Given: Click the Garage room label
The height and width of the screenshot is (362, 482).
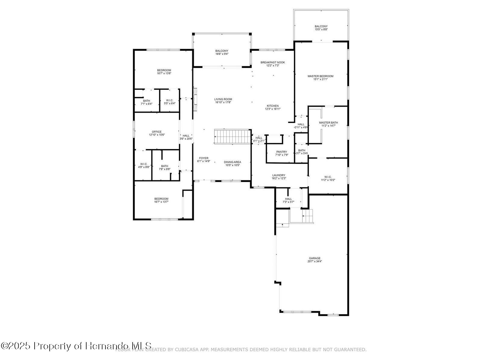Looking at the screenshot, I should pos(315,258).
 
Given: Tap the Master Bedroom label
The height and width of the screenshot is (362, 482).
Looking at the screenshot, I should pos(320,76).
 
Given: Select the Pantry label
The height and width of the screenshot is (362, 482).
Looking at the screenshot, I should pos(281,152).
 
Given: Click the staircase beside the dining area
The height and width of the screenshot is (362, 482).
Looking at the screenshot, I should pos(233,137).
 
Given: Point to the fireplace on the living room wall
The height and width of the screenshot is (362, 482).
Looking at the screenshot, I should pos(195,100).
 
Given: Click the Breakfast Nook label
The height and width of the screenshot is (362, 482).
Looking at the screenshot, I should pos(272,62).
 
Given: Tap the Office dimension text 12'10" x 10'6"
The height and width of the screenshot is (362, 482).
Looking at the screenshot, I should pos(157,135).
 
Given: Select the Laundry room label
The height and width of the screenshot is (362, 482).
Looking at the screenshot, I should pos(278,175).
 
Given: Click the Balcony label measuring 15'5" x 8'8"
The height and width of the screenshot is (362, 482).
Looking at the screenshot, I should pos(321,27).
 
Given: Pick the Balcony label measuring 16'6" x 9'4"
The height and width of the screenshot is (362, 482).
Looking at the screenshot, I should pos(221,51).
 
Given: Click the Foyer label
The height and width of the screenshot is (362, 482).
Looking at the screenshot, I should pos(204,158).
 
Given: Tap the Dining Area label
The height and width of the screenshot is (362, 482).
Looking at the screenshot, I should pos(232,162).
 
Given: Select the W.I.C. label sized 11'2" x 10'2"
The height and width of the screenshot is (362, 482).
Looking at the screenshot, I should pos(328,177).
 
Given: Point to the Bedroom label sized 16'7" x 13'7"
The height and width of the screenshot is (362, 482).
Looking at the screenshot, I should pos(161,199).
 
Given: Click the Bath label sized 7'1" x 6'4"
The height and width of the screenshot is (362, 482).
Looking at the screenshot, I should pos(146,101).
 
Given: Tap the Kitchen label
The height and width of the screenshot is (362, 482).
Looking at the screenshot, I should pos(272,106).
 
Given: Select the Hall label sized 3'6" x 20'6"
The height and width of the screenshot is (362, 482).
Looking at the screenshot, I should pos(186,136).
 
